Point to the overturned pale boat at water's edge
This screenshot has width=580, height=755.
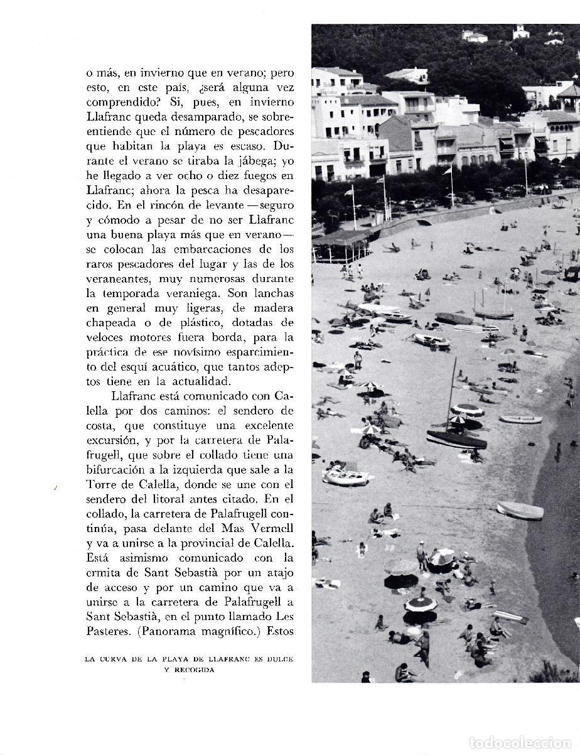[520, 511]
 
